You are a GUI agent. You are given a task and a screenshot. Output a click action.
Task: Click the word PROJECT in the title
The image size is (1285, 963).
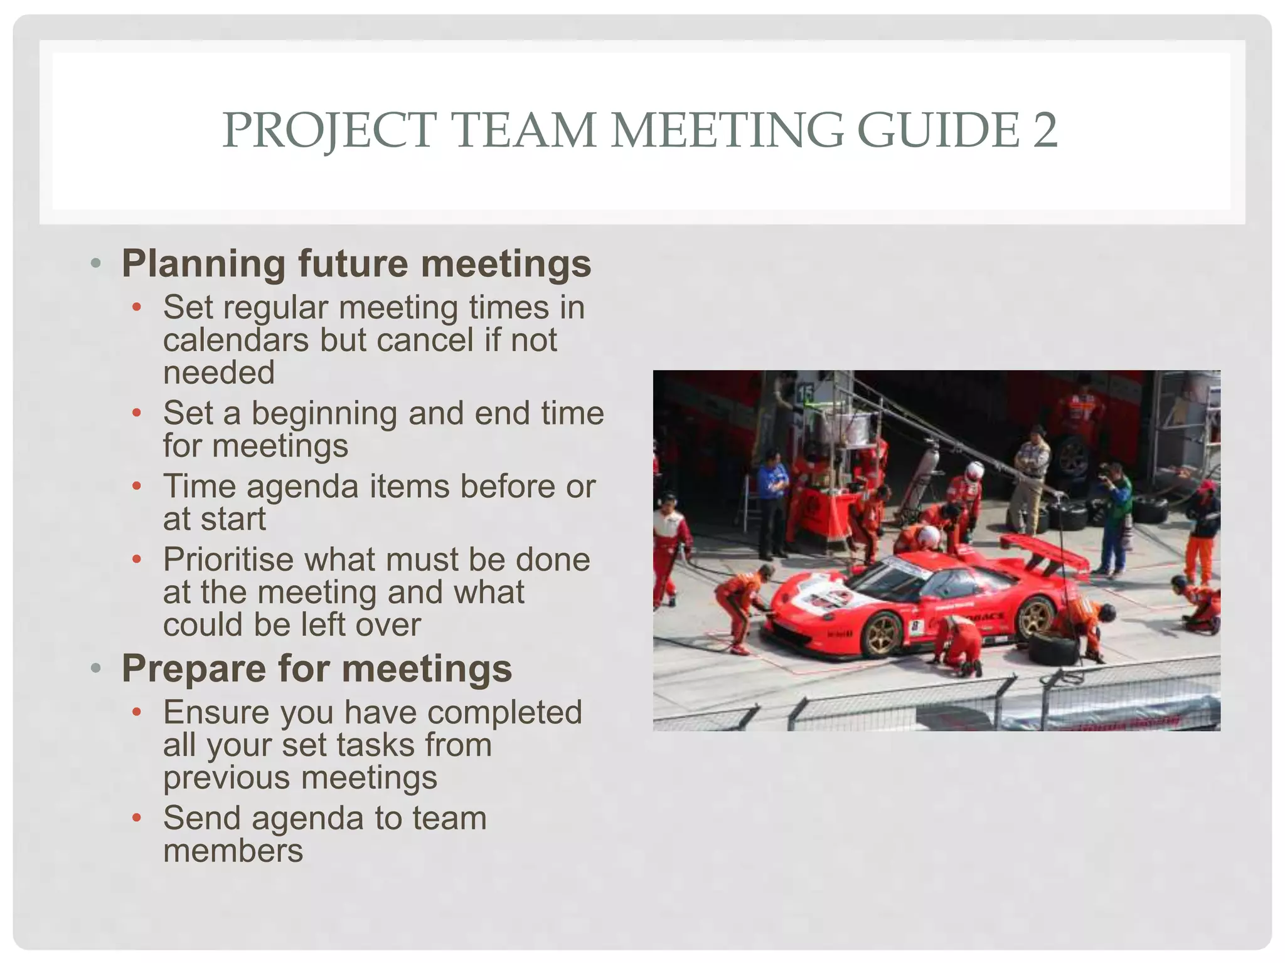tap(329, 130)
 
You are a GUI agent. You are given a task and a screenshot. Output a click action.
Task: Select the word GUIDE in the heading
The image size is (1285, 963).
tap(938, 130)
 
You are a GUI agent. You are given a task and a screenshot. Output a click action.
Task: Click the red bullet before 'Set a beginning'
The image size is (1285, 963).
tap(137, 413)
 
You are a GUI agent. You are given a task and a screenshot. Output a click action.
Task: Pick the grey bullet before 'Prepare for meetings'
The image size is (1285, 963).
tap(95, 668)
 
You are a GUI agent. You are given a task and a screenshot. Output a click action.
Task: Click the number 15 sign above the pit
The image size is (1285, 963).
tap(805, 394)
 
